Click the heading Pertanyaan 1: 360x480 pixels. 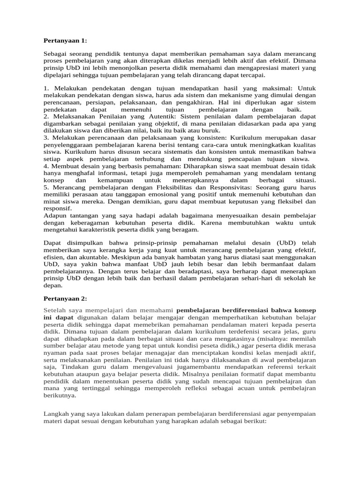(x=65, y=41)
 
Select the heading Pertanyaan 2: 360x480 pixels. (x=65, y=299)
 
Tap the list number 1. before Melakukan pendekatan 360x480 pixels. (x=46, y=89)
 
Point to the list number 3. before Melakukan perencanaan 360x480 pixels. (x=46, y=137)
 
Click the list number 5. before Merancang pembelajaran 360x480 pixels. (x=46, y=187)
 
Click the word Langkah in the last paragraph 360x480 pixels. (x=57, y=414)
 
